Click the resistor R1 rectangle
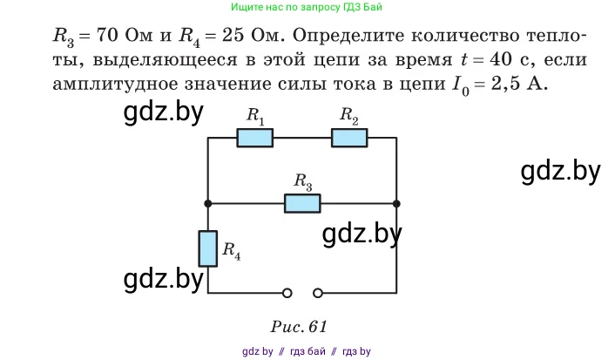[255, 138]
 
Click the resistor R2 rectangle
[348, 138]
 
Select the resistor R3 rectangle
[302, 203]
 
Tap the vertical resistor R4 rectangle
[207, 248]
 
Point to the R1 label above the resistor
[255, 115]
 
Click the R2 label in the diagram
[348, 115]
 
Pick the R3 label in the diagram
[302, 181]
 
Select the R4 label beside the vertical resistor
[232, 250]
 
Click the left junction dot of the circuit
[207, 203]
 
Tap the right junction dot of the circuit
[396, 203]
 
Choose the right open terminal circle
[319, 293]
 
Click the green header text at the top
[306, 7]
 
